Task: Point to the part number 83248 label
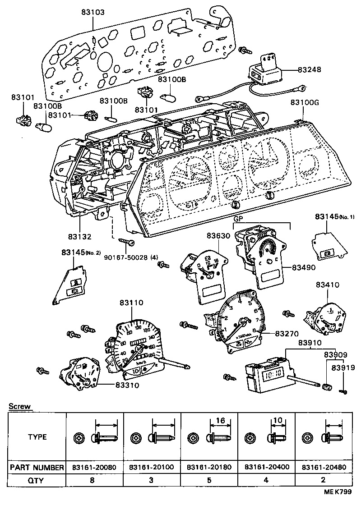[310, 70]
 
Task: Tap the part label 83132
[80, 236]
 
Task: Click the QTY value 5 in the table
[209, 480]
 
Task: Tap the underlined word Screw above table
[20, 406]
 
